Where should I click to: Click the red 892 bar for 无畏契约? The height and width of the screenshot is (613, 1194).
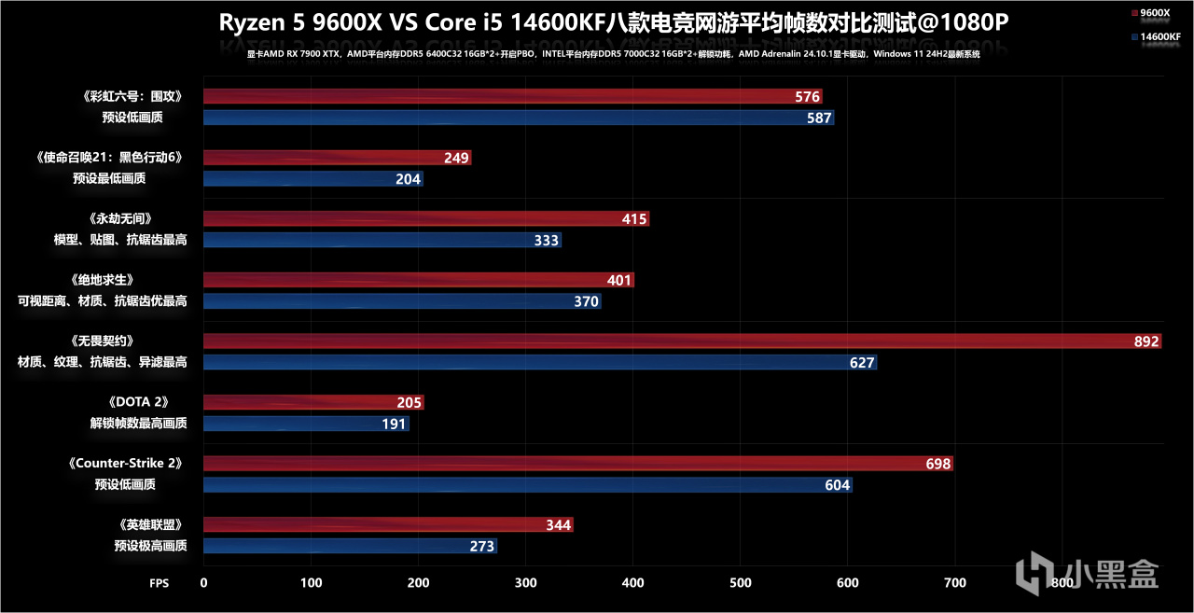coord(682,341)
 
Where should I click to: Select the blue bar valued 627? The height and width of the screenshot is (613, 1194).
coord(540,362)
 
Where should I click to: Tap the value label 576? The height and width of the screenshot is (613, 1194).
coord(807,97)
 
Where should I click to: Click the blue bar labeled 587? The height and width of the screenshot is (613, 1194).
coord(519,118)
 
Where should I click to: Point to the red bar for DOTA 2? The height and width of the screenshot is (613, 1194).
coord(313,403)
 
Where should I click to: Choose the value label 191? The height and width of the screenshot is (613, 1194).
coord(394,424)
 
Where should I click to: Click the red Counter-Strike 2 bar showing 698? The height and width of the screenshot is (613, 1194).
coord(578,464)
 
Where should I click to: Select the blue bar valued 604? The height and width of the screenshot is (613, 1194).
coord(528,484)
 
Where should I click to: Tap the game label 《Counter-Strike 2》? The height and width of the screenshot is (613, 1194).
coord(124,464)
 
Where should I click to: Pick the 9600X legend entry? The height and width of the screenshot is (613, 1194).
coord(1156,13)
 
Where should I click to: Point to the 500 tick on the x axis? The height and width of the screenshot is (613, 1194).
coord(740,583)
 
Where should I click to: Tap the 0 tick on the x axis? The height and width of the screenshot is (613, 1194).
coord(204,583)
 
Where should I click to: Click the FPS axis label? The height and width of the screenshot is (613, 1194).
coord(160,583)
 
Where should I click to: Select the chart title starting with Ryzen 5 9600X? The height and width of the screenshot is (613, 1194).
coord(614,23)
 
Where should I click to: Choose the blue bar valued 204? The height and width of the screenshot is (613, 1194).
coord(313,178)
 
